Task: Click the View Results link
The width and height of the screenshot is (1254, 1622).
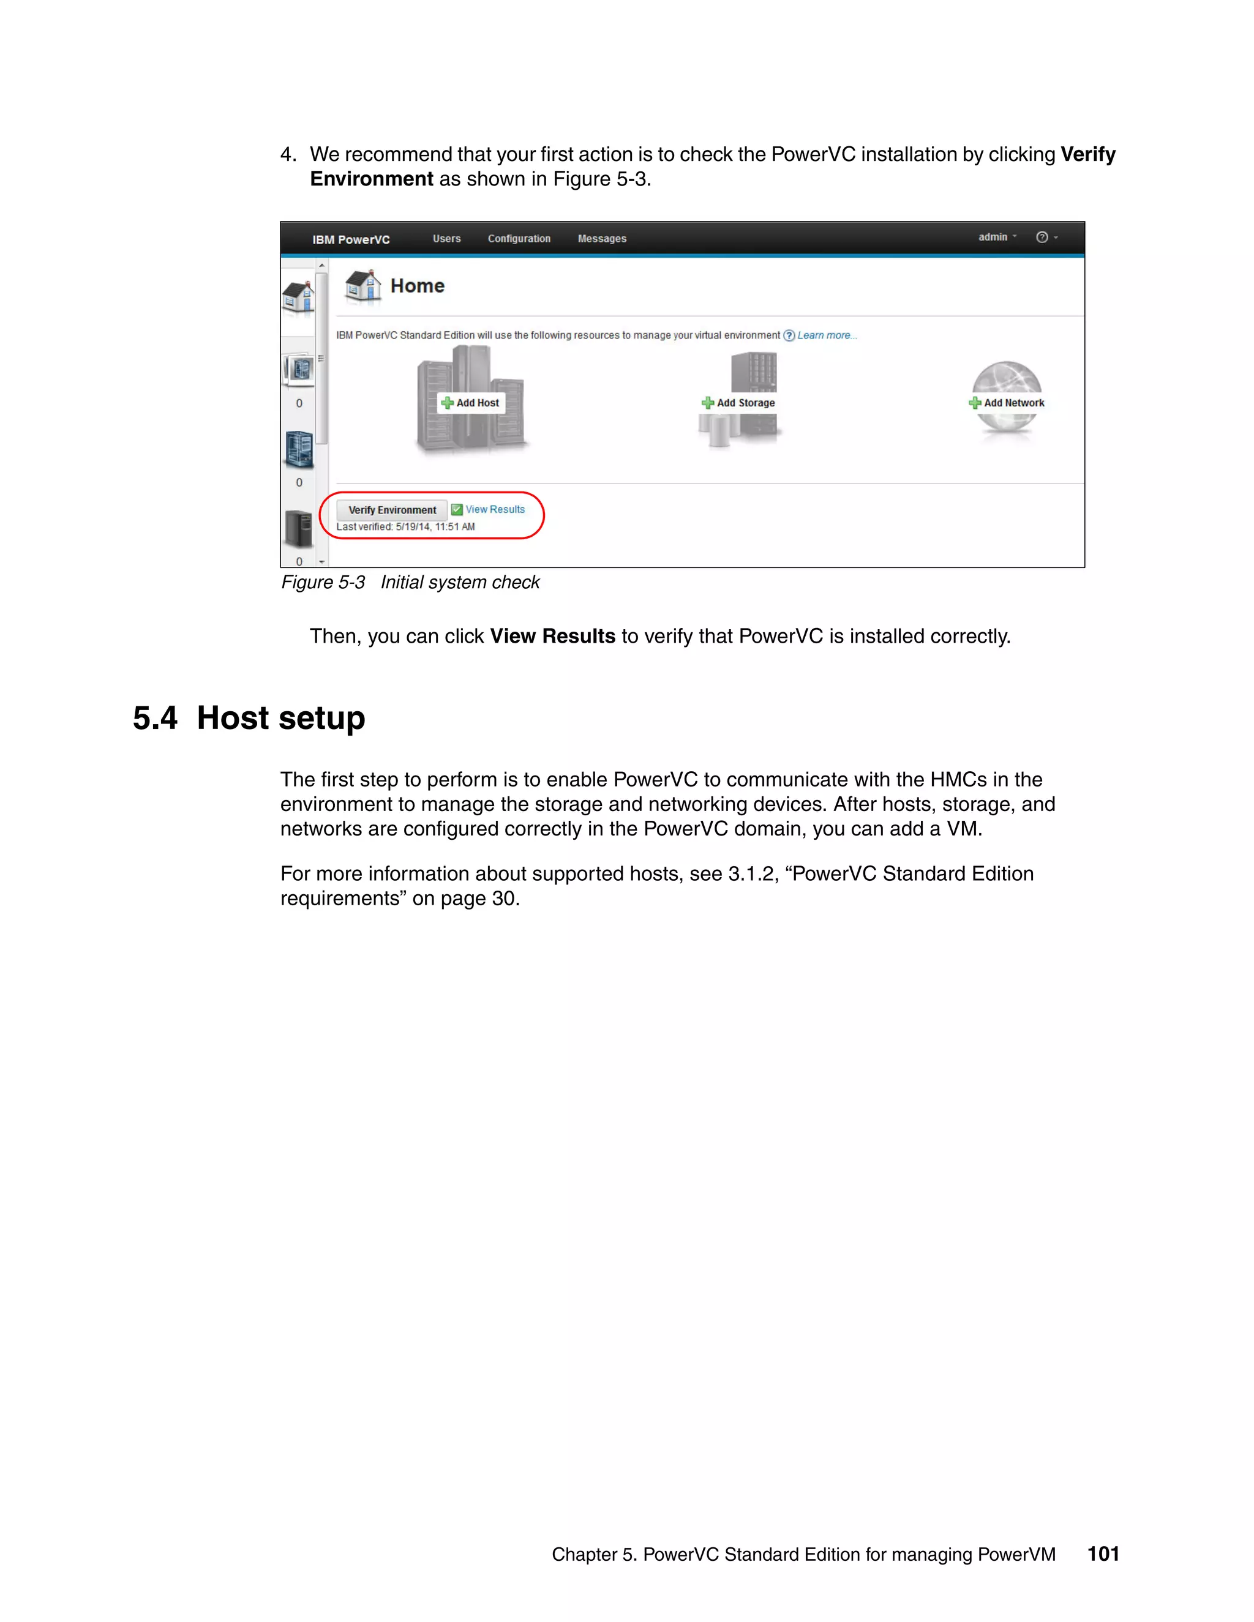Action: coord(495,509)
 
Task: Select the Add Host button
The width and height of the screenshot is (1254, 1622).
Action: coord(471,403)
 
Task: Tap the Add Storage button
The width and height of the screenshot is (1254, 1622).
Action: coord(738,403)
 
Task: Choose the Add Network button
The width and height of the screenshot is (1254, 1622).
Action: coord(1007,403)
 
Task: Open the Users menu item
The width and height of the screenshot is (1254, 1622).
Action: coord(446,238)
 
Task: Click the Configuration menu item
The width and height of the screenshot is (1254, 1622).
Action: coord(519,238)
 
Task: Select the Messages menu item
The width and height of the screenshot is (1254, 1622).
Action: coord(602,238)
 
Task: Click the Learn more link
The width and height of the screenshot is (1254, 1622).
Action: coord(826,335)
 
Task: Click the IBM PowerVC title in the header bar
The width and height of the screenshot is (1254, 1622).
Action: coord(351,239)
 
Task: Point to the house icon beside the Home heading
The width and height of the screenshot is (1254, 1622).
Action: coord(363,286)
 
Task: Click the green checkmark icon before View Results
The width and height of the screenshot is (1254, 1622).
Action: coord(457,509)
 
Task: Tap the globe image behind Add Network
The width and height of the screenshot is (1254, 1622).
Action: coord(1007,375)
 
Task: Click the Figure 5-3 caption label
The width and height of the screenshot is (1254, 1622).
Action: coord(323,582)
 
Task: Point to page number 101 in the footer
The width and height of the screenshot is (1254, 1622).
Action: coord(1102,1553)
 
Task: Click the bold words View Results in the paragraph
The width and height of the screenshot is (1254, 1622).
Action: coord(552,637)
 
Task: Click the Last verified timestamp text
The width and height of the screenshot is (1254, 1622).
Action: coord(405,526)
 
